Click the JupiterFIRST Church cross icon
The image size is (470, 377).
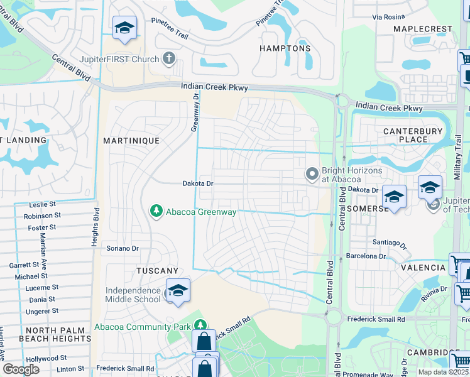(168, 59)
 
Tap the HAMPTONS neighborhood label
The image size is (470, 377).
(286, 48)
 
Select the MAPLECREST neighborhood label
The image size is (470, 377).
(422, 29)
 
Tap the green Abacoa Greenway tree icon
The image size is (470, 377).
(156, 212)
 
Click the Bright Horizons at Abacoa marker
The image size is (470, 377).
(312, 173)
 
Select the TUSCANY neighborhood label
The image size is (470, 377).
(158, 270)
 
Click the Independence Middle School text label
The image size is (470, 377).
(133, 295)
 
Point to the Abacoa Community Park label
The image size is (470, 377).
(141, 327)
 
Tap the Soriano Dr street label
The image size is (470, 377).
(122, 248)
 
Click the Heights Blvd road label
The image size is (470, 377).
(96, 226)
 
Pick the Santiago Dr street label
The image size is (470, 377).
(390, 243)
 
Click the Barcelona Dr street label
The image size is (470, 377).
(366, 256)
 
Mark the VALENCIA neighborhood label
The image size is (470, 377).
(425, 268)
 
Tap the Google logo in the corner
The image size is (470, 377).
(21, 369)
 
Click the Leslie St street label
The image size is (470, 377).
(43, 205)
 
